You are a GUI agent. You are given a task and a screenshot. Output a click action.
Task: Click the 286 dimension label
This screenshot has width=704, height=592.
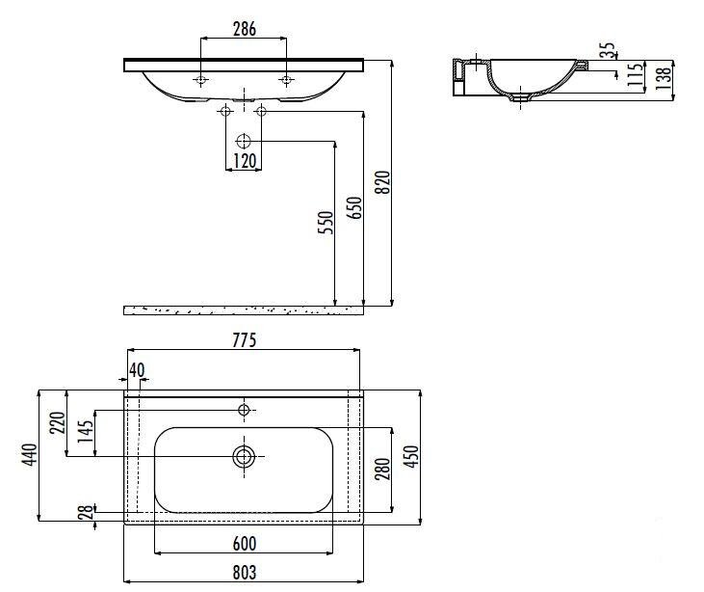click(x=245, y=29)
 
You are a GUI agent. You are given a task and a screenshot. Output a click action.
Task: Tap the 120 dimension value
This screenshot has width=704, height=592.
click(x=245, y=160)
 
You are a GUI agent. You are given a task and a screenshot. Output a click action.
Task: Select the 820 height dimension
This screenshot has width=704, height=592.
click(x=382, y=182)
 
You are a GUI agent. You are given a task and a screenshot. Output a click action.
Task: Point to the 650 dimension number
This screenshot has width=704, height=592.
click(x=354, y=207)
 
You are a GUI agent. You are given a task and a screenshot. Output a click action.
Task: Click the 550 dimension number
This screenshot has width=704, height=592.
click(x=326, y=222)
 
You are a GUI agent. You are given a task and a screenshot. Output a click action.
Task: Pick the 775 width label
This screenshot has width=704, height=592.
click(x=245, y=340)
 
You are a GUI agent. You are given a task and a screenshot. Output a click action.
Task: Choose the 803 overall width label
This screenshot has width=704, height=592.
click(x=245, y=572)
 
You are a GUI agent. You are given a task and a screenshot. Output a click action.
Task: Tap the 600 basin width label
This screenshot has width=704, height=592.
click(x=245, y=544)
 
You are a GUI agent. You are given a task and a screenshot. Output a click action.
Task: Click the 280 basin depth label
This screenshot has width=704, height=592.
click(x=382, y=469)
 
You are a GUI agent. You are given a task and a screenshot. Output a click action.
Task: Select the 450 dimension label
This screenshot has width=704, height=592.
click(x=411, y=456)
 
